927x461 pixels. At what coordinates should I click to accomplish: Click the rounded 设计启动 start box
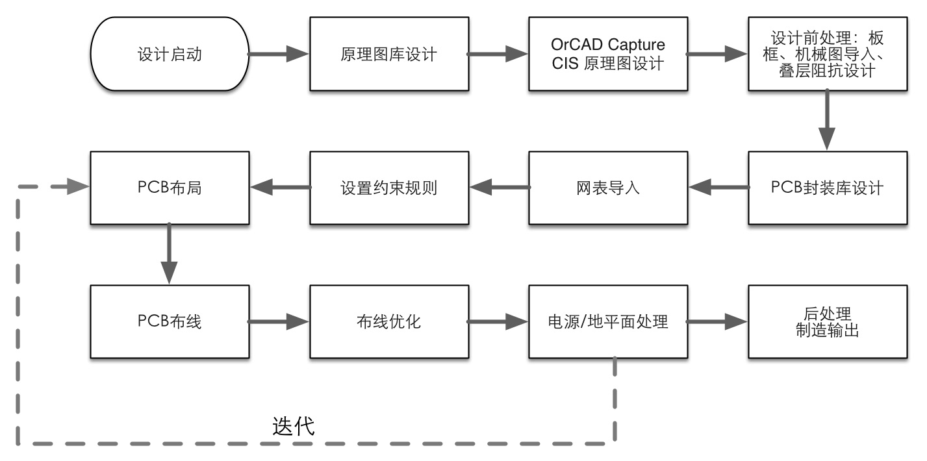(x=170, y=54)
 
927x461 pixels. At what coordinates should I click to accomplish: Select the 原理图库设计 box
(x=388, y=54)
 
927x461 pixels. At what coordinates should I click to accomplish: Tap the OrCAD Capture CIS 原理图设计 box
(x=608, y=54)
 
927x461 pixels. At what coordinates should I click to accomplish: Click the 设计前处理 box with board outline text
(x=827, y=54)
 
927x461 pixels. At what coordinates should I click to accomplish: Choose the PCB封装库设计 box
(x=827, y=188)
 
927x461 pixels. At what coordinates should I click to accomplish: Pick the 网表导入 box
(x=608, y=188)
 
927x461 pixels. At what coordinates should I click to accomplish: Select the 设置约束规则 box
(x=388, y=188)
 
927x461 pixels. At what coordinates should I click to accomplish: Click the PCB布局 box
(x=170, y=188)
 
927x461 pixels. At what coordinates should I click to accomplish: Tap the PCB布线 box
(x=170, y=321)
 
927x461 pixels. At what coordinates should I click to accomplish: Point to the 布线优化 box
(x=388, y=321)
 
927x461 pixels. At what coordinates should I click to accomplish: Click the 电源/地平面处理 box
(x=608, y=321)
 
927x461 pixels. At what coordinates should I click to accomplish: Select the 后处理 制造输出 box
(x=827, y=321)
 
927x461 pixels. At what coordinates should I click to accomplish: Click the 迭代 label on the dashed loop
(x=293, y=426)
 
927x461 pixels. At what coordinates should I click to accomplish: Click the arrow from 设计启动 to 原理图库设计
(x=279, y=54)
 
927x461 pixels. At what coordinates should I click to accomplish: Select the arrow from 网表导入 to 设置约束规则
(x=498, y=188)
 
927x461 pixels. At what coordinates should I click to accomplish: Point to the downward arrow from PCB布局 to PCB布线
(x=169, y=254)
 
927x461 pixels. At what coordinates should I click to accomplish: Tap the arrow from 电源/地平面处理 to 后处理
(x=717, y=321)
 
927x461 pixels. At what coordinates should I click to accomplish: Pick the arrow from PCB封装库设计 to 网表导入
(x=717, y=188)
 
